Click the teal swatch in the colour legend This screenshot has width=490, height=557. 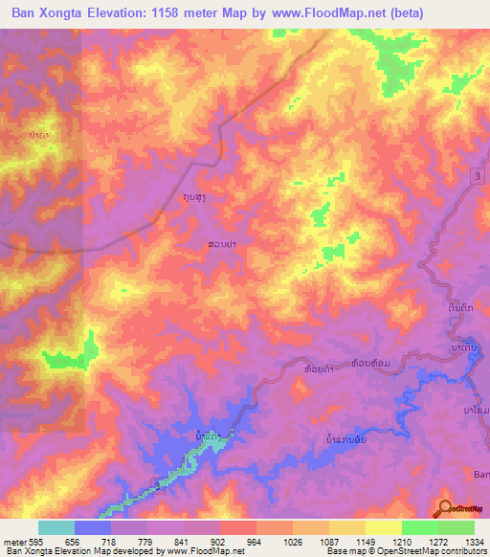coord(56,527)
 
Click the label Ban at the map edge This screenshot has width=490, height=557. coord(480,473)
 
